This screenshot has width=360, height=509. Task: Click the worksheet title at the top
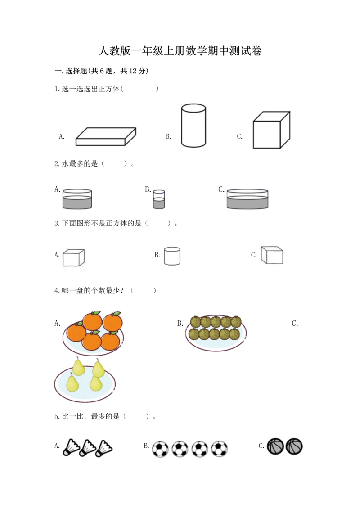pos(180,51)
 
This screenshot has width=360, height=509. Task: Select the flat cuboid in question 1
pos(106,136)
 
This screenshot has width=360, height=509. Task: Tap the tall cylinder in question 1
pos(193,125)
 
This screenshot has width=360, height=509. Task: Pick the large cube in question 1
pos(271,130)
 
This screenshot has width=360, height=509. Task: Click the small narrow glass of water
pos(159,199)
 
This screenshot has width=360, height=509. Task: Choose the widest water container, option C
pos(247,198)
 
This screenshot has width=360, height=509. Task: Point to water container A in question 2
pos(77,198)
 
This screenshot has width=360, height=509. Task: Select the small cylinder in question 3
pos(172,256)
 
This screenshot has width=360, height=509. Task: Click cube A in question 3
pos(74,258)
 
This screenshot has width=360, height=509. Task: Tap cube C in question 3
pos(272,255)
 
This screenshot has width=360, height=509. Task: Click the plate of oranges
pos(93,333)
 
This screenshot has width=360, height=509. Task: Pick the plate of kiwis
pos(216,333)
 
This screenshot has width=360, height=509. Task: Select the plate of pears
pos(85,379)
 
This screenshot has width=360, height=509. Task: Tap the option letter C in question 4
pos(295,323)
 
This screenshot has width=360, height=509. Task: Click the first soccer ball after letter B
pos(160,449)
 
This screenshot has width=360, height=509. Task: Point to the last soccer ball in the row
pos(220,449)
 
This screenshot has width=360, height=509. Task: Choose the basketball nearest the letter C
pos(275,446)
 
